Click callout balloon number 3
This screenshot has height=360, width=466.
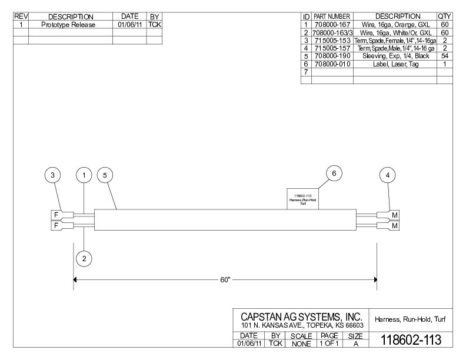pos(53,175)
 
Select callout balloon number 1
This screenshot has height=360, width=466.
pos(85,175)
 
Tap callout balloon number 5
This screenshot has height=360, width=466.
pos(105,175)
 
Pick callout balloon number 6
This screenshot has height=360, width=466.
pos(334,174)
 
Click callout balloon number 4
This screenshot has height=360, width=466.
pos(387,175)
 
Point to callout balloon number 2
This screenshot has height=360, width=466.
pos(85,258)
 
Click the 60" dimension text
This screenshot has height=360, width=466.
pos(225,279)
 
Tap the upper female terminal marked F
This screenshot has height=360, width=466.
pos(56,215)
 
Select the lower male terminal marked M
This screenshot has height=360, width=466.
pos(395,225)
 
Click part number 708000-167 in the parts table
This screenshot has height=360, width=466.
pos(332,25)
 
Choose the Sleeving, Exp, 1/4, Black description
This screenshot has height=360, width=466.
pos(395,56)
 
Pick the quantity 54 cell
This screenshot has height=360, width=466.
pos(444,56)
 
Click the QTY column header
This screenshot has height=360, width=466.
pos(444,16)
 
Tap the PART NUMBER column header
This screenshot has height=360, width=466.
pos(332,16)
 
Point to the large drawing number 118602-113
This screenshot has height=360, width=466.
pos(411,340)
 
